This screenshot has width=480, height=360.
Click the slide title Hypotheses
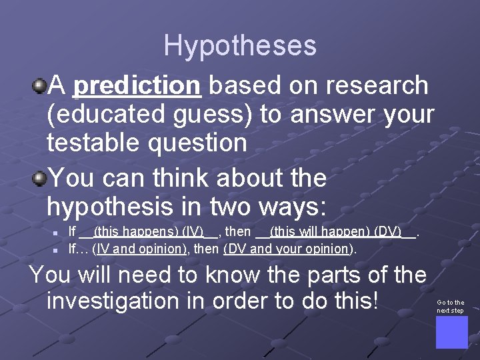tap(240, 45)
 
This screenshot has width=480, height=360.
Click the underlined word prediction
tap(137, 85)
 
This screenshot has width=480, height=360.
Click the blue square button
tap(451, 332)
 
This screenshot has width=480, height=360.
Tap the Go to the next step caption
tap(451, 307)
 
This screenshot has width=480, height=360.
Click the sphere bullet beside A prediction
tap(40, 85)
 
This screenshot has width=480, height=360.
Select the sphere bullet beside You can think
tap(40, 178)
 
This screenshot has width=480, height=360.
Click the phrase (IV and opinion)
tap(140, 249)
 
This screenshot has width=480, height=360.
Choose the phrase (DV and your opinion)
tap(287, 249)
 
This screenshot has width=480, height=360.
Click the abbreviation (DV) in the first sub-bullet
tap(388, 232)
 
